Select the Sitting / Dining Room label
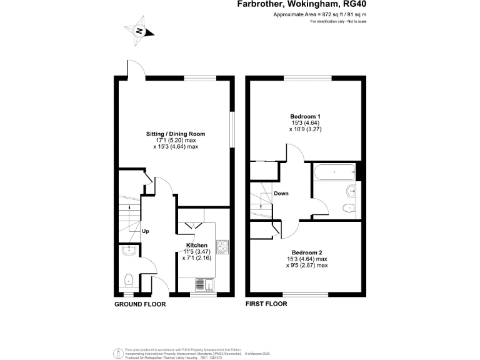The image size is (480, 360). coord(176,134)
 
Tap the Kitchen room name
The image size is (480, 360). coord(197,245)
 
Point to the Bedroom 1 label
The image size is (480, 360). coord(306,116)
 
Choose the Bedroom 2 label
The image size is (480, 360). coord(306,252)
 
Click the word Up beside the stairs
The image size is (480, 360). coord(146,231)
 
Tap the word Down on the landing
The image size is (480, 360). coord(281,193)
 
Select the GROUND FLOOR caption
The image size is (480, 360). coord(139,304)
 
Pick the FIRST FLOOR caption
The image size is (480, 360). coord(266,304)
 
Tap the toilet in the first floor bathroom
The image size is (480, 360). coord(348,208)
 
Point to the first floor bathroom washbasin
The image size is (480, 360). coord(351,191)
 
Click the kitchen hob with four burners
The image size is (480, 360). coord(222,247)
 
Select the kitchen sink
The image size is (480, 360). coord(204,284)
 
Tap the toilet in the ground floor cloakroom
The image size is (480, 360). coord(127,279)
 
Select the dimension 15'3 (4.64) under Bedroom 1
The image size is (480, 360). coord(306,123)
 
